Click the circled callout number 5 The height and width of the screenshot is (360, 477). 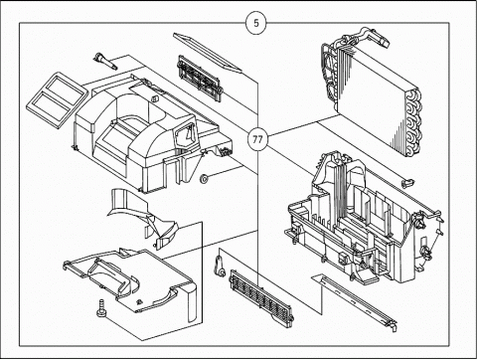[256, 23]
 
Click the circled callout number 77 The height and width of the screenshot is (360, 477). [257, 139]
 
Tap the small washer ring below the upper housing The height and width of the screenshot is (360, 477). [204, 179]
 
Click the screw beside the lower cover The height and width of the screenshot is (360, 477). [100, 308]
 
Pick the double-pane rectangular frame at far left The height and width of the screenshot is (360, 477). [57, 99]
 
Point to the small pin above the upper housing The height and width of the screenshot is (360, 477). [105, 61]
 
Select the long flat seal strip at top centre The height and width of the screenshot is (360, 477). [208, 52]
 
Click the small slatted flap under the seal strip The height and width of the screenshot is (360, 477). [200, 78]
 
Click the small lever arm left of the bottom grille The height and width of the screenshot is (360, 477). [220, 266]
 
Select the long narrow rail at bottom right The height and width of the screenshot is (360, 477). [355, 301]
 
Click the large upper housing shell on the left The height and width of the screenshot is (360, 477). [149, 132]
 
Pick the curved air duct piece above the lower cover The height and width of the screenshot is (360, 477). [142, 216]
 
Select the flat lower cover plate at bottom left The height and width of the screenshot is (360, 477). [132, 281]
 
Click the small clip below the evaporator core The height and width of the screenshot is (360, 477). [407, 182]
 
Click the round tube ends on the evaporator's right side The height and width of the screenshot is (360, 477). [413, 122]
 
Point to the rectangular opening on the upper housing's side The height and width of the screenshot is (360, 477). [185, 135]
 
